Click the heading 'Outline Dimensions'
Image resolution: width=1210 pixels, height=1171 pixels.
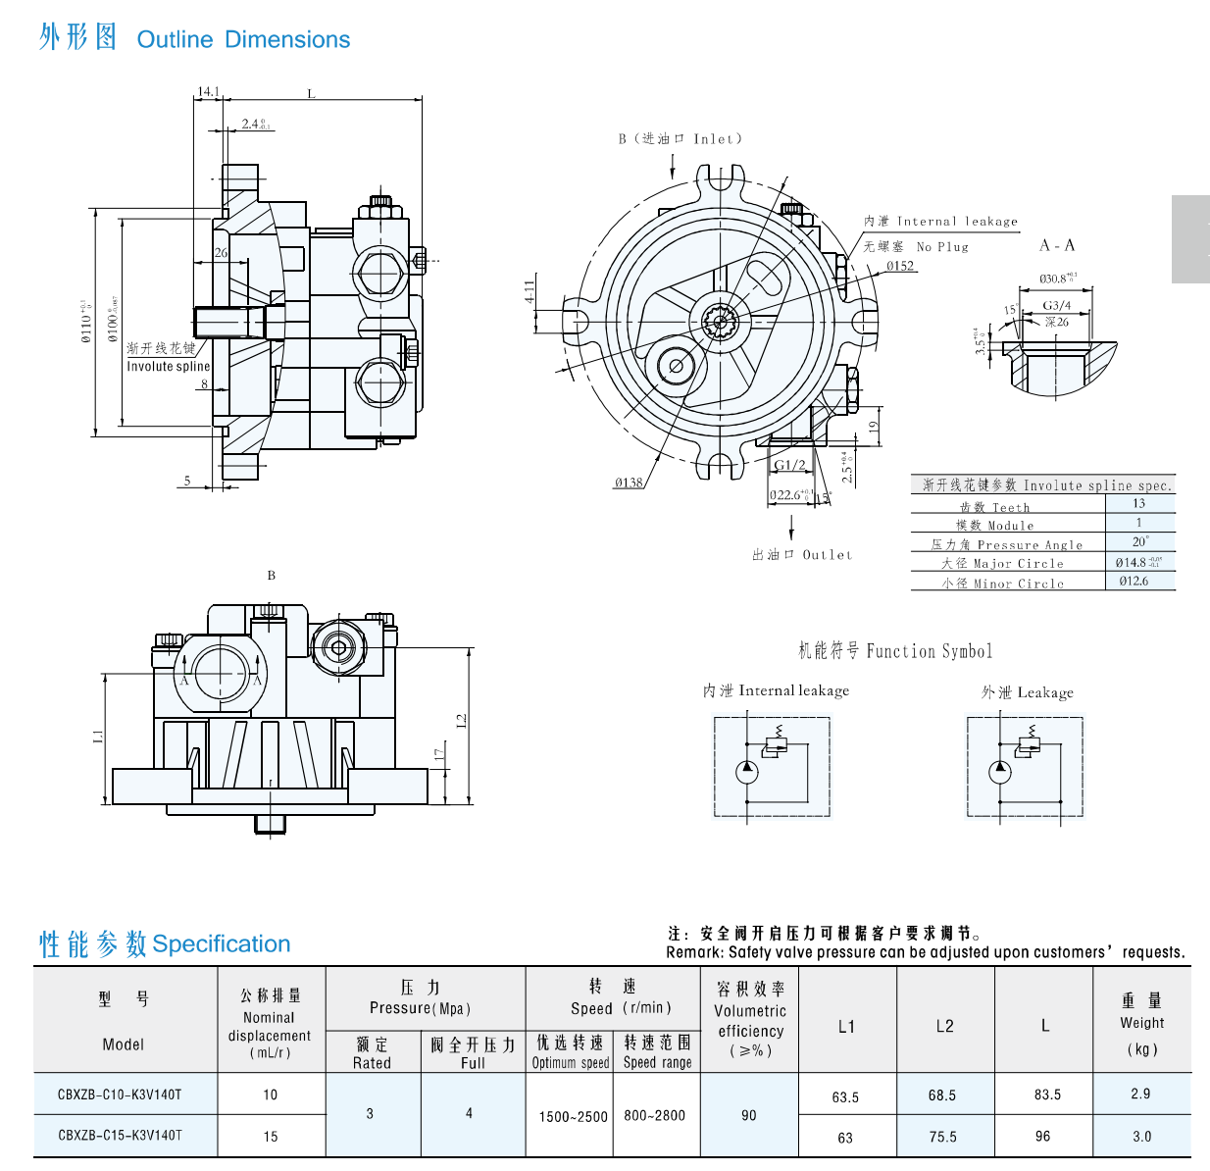tap(243, 40)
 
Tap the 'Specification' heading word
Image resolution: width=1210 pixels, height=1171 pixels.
tap(222, 944)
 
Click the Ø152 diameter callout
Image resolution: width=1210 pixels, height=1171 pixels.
tap(900, 266)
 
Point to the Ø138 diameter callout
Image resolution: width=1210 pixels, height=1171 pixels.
tap(629, 483)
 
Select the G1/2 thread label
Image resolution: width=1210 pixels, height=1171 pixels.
tap(789, 465)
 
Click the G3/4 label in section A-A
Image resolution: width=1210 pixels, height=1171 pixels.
tap(1057, 306)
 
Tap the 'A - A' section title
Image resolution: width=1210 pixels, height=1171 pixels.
tap(1057, 245)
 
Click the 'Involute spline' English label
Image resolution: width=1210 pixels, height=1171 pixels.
tap(169, 367)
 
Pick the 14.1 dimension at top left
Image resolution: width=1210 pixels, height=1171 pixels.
tap(209, 92)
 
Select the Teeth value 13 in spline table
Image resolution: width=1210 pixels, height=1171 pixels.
tap(1138, 503)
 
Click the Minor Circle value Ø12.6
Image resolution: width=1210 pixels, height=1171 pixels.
tap(1134, 581)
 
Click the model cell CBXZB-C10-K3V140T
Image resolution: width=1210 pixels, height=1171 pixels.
tap(120, 1095)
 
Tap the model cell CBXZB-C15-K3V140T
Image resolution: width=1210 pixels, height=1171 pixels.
tap(120, 1136)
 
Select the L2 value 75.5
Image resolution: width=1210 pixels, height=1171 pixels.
tap(942, 1137)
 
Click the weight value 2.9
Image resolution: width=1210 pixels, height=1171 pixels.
tap(1140, 1094)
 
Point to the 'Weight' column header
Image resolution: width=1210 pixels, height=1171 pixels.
tap(1142, 1023)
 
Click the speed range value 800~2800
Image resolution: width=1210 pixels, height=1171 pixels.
tap(655, 1115)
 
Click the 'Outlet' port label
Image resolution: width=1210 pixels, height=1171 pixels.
tap(828, 555)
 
